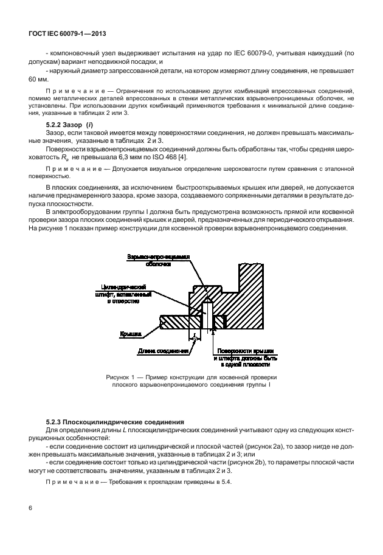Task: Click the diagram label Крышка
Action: click(x=131, y=334)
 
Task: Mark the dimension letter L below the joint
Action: click(x=193, y=334)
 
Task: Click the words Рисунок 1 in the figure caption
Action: click(x=121, y=377)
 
